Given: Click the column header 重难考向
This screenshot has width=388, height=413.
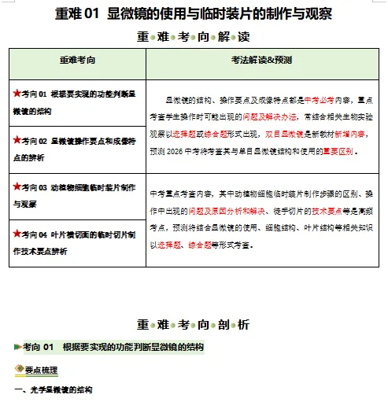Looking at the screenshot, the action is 78,59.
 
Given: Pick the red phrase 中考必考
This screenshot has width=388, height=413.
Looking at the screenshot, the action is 318,101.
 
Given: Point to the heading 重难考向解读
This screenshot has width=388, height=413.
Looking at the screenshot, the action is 194,36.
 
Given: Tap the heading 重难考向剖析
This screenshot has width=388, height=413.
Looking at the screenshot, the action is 194,324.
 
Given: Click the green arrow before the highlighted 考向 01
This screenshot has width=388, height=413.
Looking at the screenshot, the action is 17,346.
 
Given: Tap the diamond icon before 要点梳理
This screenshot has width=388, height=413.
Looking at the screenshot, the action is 19,370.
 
